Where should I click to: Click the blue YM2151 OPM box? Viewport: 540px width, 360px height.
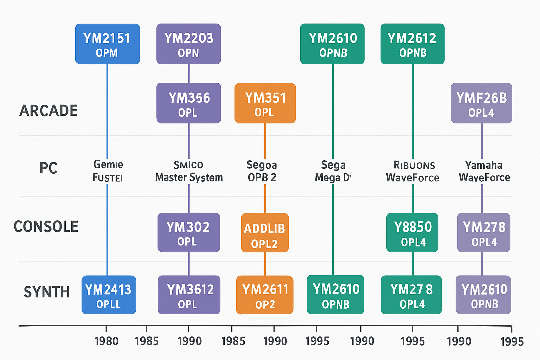point(107,44)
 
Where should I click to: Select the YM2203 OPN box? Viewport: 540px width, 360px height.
point(188,44)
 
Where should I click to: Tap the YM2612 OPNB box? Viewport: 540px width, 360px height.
point(412,44)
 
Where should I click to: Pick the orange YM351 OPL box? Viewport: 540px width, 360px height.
point(265,103)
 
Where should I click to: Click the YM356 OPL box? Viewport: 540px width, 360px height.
point(188,103)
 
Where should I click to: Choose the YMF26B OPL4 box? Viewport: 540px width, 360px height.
point(481,103)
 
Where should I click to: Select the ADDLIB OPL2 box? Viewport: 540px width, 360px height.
point(265,233)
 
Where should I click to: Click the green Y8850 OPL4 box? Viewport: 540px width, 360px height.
point(412,233)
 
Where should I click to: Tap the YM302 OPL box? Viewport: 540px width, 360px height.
point(188,233)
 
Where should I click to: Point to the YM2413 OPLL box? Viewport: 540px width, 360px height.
point(109,295)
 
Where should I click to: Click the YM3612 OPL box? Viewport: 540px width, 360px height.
point(189,295)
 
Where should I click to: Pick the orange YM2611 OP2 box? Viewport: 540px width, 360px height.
point(265,295)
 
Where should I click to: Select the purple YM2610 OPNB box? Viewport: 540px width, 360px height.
point(483,295)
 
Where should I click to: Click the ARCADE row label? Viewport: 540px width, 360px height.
point(49,111)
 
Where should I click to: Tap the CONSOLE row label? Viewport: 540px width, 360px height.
point(46,227)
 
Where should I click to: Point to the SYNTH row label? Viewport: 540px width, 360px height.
point(47,292)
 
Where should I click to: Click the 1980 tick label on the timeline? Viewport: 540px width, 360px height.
point(107,341)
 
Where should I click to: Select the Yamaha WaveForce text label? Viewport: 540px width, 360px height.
point(484,171)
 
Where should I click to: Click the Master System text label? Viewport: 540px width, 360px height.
point(189,178)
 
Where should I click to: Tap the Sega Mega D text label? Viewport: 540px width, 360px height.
point(333,171)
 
